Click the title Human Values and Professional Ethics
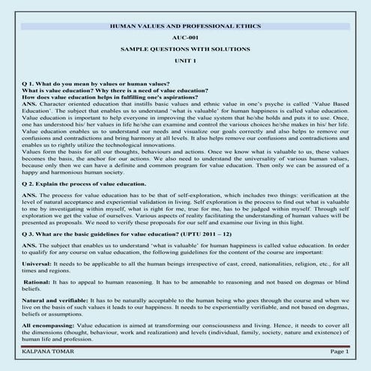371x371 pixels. pos(186,26)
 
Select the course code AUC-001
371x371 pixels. pos(185,37)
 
